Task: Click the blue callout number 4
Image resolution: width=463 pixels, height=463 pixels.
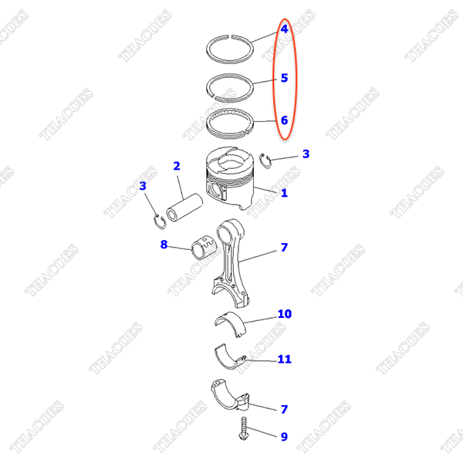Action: (x=284, y=29)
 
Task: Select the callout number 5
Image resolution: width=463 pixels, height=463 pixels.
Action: (x=284, y=78)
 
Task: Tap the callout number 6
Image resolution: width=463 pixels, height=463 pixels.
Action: (x=284, y=120)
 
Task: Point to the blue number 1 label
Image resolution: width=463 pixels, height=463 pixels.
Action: (x=284, y=193)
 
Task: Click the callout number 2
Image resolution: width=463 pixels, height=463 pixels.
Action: (x=177, y=166)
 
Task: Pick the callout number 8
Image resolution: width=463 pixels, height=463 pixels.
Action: (x=164, y=245)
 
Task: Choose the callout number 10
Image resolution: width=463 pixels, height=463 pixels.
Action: (x=285, y=314)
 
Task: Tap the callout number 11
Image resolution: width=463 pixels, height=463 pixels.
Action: (x=285, y=359)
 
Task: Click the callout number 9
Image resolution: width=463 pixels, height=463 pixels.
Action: (x=284, y=437)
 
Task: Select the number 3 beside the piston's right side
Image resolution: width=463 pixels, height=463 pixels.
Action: (x=306, y=154)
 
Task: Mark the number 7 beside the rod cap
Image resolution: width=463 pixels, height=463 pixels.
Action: (x=284, y=409)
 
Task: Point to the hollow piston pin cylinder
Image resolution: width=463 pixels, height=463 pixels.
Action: (x=184, y=208)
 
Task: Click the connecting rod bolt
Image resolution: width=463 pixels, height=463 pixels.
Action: (x=244, y=428)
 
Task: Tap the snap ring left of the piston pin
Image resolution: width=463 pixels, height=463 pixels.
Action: (x=160, y=221)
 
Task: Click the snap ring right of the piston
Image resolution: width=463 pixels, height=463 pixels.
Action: (x=265, y=161)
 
